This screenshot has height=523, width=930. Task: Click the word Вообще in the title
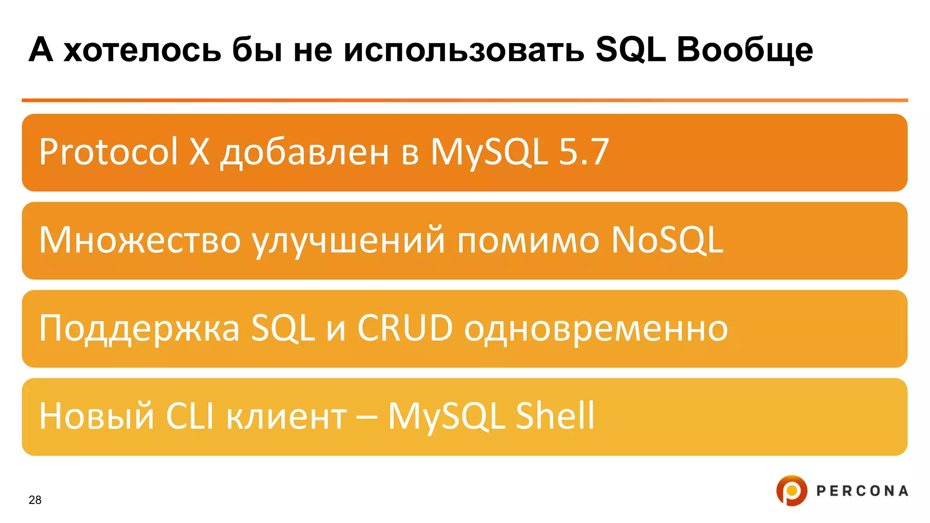pos(745,50)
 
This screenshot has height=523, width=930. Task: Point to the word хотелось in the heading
pos(142,50)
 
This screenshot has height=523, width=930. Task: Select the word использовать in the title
pos(464,50)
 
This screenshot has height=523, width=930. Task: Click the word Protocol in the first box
pos(108,152)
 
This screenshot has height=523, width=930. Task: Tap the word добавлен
pos(305,153)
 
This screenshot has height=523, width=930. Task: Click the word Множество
pos(139,241)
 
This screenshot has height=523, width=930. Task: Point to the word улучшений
pos(349,241)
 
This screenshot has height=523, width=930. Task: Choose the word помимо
pos(528,241)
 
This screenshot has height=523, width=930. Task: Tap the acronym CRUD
pos(405,328)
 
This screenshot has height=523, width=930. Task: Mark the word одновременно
pos(596,329)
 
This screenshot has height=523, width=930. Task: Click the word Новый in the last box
pos(97,416)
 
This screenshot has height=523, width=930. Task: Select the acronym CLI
pos(190,416)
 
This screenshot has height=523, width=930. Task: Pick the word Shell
pos(555,416)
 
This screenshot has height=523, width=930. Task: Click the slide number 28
pos(35,500)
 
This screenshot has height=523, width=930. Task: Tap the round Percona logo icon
pos(791,490)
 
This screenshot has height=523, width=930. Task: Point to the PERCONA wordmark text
pos(862,491)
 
